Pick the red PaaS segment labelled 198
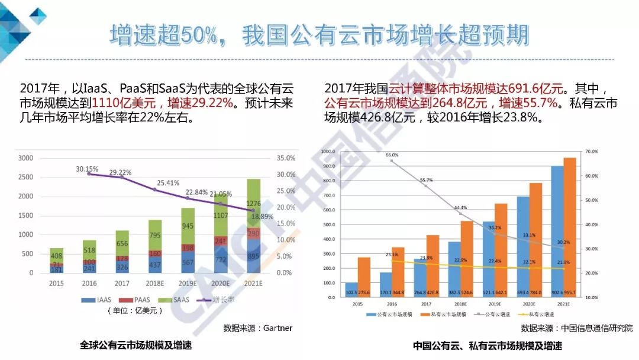coord(188,247)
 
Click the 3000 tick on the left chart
coord(25,158)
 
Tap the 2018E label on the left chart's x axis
coord(155,284)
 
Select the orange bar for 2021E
coord(569,223)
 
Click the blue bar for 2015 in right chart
coord(351,284)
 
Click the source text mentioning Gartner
coord(258,327)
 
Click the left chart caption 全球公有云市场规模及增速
coord(136,345)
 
